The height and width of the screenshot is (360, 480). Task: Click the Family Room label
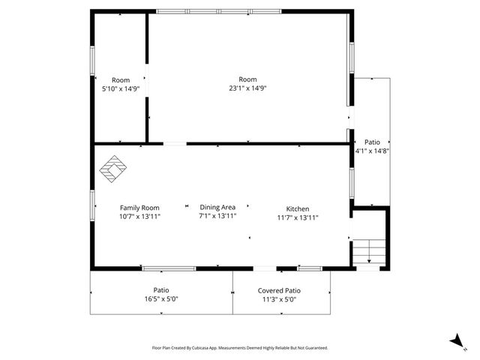click(139, 208)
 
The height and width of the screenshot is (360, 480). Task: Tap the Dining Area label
click(217, 207)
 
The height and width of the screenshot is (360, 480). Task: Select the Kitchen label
click(297, 208)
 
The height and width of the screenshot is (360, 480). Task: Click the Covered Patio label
click(279, 290)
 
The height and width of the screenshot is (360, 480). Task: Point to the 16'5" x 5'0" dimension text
click(161, 298)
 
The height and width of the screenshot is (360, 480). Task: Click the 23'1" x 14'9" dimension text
click(247, 88)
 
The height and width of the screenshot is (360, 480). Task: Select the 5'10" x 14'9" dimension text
click(121, 88)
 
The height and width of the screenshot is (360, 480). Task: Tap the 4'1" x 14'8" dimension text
click(372, 151)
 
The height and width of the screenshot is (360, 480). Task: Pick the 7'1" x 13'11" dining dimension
click(217, 216)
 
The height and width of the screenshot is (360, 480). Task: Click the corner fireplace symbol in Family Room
click(114, 169)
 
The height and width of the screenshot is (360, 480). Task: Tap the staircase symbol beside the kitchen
click(368, 251)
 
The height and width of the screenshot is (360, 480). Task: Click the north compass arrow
click(455, 341)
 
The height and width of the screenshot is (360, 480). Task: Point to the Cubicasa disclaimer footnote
click(239, 348)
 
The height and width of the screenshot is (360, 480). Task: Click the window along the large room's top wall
click(218, 11)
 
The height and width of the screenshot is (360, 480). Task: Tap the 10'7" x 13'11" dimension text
click(139, 216)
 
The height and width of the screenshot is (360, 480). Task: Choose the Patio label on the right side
click(372, 142)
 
